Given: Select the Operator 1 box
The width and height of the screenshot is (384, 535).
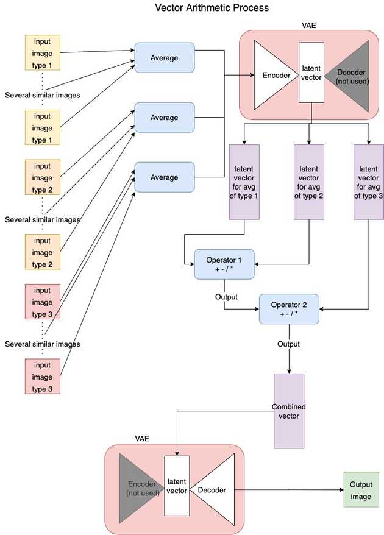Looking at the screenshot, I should point(224,264).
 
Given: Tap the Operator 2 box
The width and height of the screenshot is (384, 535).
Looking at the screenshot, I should point(289,309).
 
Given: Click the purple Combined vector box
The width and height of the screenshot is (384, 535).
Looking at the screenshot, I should point(288,411).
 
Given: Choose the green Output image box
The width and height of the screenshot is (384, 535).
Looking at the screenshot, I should point(361,490).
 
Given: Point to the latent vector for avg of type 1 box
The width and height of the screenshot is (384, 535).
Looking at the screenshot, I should point(244,182).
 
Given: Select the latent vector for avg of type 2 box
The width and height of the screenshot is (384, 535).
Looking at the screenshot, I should point(310,182).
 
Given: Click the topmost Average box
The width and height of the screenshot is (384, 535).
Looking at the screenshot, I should point(164,58).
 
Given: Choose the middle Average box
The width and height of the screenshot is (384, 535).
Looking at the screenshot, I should point(164,118).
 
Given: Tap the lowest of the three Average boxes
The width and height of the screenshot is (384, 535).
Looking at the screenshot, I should point(164,177).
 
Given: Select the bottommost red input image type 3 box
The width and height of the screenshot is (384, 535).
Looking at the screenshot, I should point(42,377).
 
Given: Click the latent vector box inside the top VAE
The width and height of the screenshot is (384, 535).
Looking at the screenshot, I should point(311,73).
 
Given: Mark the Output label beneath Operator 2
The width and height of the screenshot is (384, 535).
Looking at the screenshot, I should point(288,344).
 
